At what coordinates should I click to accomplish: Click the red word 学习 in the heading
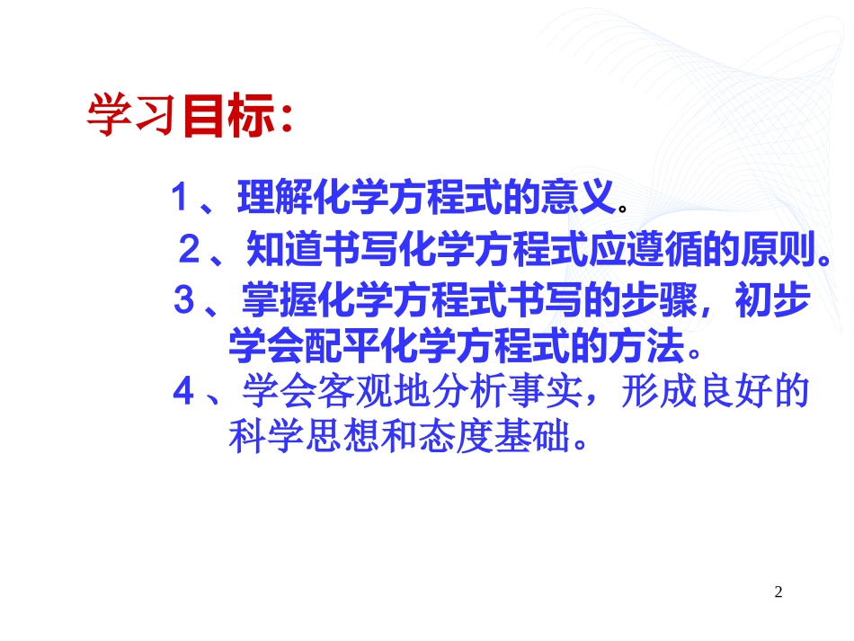click(129, 116)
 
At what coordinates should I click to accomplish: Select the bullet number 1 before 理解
click(179, 197)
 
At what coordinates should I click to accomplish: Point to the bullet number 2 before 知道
click(188, 249)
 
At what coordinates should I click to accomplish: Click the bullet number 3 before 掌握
click(183, 300)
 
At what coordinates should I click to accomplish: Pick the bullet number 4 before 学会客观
click(183, 392)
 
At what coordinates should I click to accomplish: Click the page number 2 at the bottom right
click(778, 592)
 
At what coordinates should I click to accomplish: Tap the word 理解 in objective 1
click(269, 198)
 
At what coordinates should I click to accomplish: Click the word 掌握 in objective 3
click(273, 301)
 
